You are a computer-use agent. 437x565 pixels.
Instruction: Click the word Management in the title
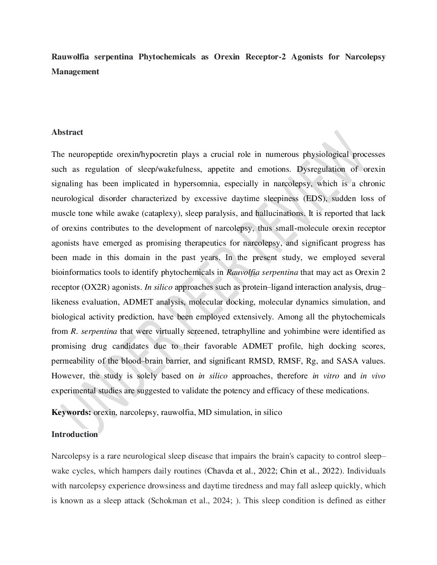[75, 72]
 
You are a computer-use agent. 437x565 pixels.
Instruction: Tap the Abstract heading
[67, 132]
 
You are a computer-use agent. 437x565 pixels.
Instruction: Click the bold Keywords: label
[71, 412]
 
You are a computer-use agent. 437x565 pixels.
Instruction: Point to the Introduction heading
[75, 434]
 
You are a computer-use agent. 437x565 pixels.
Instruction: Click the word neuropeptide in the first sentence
[90, 154]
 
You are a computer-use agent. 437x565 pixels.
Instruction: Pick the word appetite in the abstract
[220, 169]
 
